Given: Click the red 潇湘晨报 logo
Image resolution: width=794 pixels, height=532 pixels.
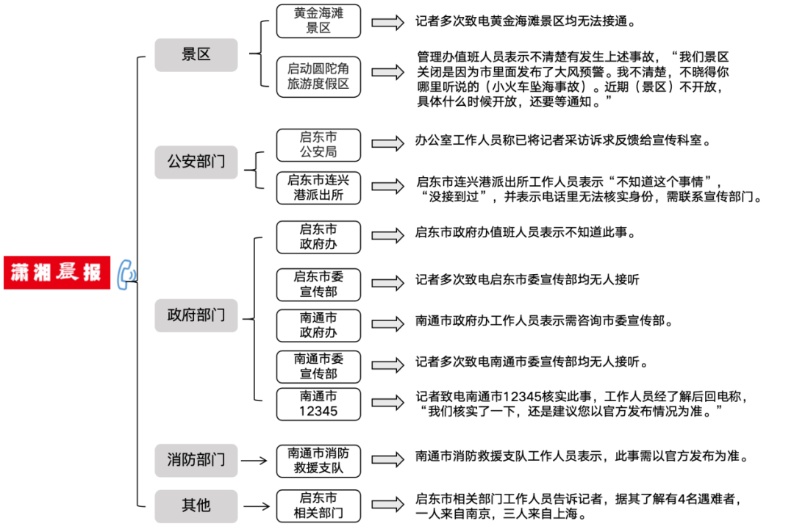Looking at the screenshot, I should click(57, 272).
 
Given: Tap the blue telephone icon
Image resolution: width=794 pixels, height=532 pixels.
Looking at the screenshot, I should click(126, 273).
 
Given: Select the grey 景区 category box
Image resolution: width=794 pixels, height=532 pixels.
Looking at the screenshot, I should click(196, 55).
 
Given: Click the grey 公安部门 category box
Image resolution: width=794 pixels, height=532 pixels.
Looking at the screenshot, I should click(196, 162).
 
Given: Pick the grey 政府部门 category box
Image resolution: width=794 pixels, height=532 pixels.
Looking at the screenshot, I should click(196, 316).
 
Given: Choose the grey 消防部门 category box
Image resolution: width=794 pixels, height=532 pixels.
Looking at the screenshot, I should click(196, 460).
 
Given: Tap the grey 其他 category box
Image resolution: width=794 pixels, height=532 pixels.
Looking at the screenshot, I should click(196, 506).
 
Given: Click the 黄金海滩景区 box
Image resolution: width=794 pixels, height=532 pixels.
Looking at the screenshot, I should click(318, 21).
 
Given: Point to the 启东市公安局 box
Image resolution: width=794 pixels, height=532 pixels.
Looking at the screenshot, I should click(318, 145).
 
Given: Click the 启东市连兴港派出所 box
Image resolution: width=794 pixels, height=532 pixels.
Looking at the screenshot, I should click(318, 188).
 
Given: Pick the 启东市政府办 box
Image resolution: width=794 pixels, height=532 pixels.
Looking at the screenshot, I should click(318, 237).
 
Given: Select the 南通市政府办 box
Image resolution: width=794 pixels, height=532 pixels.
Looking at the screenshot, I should click(318, 325).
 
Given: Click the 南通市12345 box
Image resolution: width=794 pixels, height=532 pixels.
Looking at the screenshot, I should click(318, 403).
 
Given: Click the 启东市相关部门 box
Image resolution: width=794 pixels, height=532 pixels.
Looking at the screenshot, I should click(318, 506).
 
